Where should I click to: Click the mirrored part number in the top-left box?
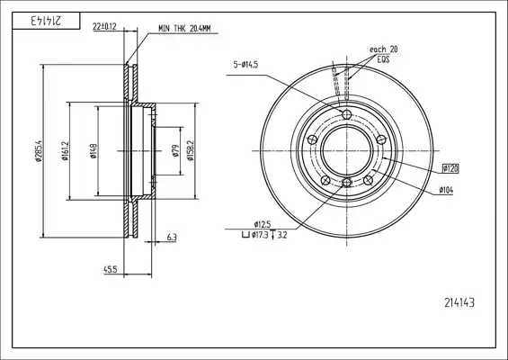[46, 21]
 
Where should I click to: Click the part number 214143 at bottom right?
[459, 302]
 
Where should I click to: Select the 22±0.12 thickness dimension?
[104, 27]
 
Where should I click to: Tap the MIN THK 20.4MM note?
[184, 29]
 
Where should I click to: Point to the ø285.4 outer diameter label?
[39, 151]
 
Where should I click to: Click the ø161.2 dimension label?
[65, 151]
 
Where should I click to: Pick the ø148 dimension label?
[94, 151]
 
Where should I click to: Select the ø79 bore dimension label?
[176, 151]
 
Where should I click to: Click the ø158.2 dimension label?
[191, 151]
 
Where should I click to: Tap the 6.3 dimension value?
[172, 238]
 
